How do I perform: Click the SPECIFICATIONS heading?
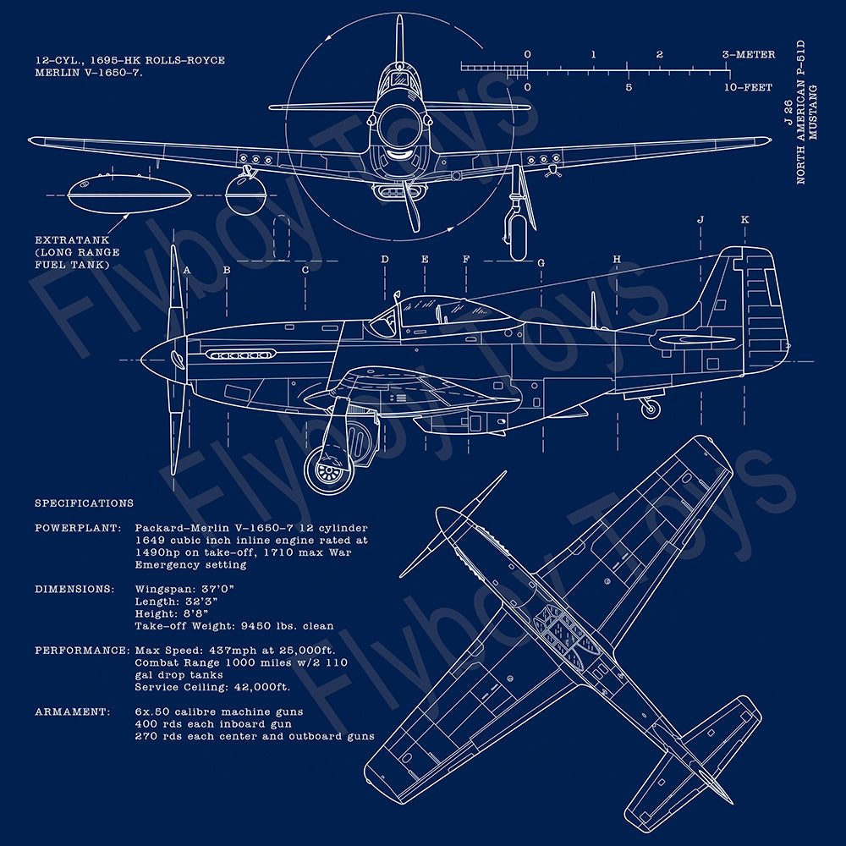(84, 503)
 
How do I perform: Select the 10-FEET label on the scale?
(749, 87)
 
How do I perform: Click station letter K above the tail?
(744, 220)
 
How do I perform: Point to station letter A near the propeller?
(187, 271)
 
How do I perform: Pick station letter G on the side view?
(541, 263)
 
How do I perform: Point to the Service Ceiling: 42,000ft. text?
(212, 687)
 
